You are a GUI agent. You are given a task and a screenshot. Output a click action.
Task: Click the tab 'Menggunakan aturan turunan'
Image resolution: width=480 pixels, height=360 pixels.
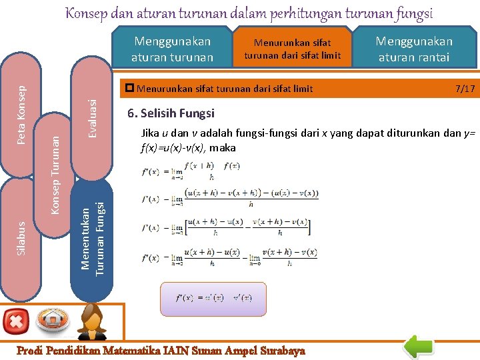click(172, 49)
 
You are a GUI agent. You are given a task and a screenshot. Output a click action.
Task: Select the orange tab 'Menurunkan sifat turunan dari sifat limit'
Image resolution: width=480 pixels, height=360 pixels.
click(292, 49)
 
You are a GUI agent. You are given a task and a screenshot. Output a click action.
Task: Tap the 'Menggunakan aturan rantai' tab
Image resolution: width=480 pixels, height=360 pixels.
click(414, 49)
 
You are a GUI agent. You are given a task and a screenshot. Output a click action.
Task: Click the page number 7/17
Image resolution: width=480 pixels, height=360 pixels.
click(465, 88)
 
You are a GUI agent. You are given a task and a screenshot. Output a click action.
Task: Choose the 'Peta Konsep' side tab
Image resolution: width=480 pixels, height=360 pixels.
click(22, 115)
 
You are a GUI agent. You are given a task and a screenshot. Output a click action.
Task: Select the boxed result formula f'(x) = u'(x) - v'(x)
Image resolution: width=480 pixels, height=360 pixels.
click(213, 297)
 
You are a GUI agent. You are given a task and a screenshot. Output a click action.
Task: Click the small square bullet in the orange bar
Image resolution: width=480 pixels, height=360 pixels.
click(130, 88)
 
